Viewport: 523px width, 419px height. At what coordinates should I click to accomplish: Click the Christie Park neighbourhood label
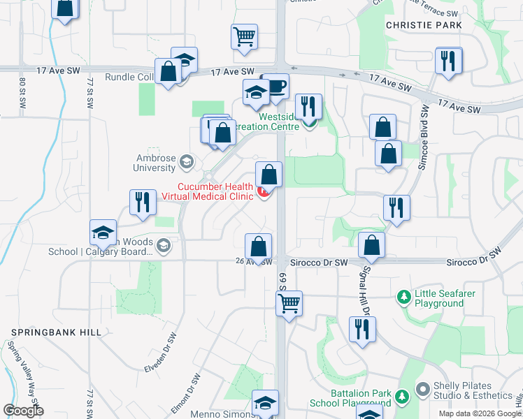(424, 25)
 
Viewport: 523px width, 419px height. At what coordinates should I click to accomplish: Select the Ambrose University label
(155, 163)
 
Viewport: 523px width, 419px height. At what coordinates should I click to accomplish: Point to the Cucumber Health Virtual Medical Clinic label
(207, 191)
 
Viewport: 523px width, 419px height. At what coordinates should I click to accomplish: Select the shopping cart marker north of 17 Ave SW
(245, 36)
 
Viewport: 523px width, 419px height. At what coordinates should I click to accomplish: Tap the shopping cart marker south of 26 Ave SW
(289, 303)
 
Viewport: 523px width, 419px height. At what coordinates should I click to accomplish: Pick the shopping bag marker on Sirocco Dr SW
(372, 245)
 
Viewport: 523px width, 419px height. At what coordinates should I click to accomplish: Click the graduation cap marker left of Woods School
(103, 233)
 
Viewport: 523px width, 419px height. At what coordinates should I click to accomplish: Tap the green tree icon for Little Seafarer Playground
(403, 298)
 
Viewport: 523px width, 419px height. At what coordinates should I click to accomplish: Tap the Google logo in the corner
(24, 411)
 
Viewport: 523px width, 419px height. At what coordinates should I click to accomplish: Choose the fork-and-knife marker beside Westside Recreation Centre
(308, 106)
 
